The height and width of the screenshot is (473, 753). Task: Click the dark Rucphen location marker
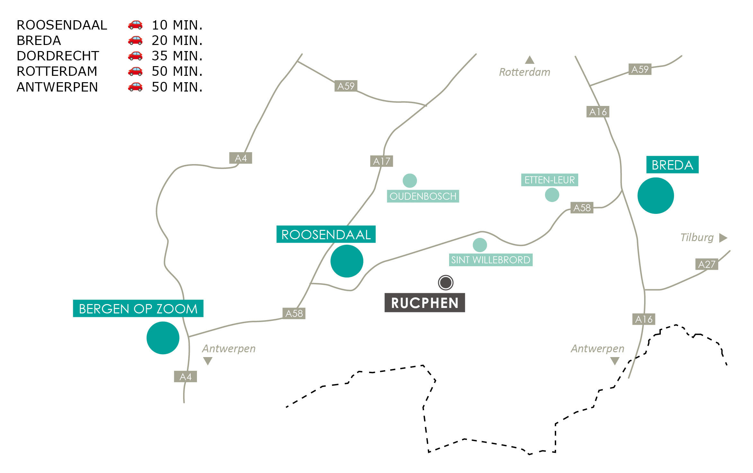point(446,283)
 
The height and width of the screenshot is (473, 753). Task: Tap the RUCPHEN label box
point(425,303)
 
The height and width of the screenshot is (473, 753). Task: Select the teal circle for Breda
point(655,196)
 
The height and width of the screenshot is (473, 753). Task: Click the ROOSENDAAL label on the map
point(326,234)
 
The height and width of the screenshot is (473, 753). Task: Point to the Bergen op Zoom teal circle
point(163,338)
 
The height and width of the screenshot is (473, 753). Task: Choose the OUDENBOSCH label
point(423,196)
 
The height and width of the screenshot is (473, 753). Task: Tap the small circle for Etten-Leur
point(552,195)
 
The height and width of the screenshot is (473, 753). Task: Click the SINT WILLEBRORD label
point(491,260)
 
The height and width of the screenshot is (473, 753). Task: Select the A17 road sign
point(381,161)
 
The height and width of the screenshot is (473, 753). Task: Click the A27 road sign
point(706,264)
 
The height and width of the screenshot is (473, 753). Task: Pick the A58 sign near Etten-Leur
point(582,208)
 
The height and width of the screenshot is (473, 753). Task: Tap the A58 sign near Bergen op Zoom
point(294,313)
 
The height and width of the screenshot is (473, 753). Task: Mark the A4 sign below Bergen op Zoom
point(185,377)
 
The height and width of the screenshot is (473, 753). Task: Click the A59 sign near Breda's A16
point(640,69)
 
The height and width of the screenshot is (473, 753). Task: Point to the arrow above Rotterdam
point(529,60)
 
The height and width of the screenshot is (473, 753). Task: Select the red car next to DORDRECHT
point(135,56)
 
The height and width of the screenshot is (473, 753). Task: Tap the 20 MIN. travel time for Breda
point(177,40)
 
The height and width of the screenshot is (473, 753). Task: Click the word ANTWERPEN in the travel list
point(57,87)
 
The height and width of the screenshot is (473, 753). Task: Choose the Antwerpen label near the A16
point(597,349)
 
